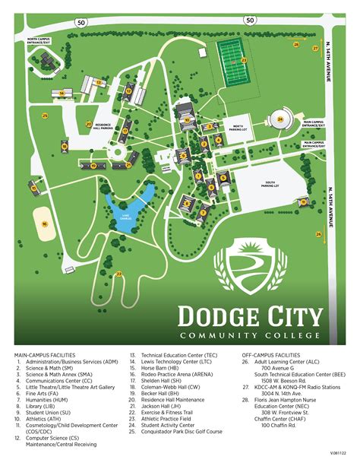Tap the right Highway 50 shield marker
click(x=250, y=21)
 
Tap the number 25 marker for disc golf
click(x=45, y=116)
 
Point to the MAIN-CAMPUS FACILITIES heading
click(x=46, y=355)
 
